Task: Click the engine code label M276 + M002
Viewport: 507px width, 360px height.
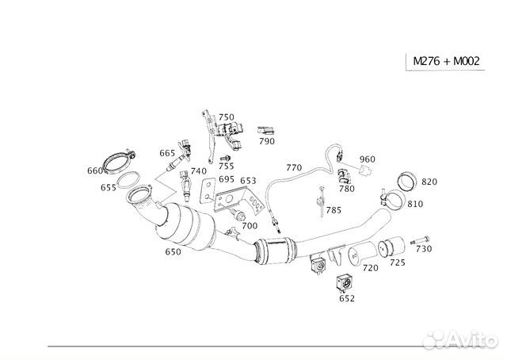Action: (446, 61)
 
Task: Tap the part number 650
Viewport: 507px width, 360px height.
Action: (173, 251)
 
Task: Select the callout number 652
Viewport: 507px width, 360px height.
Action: (347, 298)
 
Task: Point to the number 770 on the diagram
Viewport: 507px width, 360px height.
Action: (294, 167)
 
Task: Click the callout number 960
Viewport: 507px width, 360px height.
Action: (368, 159)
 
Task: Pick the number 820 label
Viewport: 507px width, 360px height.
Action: (429, 182)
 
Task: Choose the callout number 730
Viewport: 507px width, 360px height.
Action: (424, 249)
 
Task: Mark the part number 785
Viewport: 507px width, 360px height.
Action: (334, 210)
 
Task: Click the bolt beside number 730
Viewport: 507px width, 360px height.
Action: (420, 240)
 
